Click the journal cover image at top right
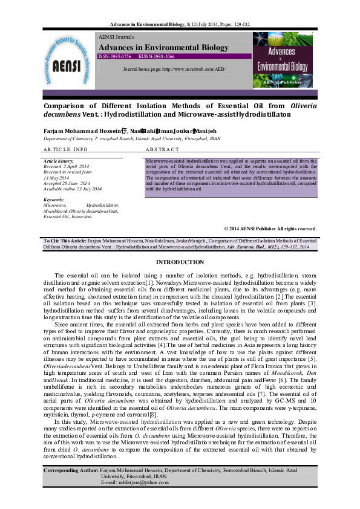[x=284, y=65]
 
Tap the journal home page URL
[x=174, y=70]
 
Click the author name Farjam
[x=55, y=131]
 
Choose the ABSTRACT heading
[x=163, y=149]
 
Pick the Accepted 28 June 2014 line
[x=67, y=183]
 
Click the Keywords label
[x=54, y=199]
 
